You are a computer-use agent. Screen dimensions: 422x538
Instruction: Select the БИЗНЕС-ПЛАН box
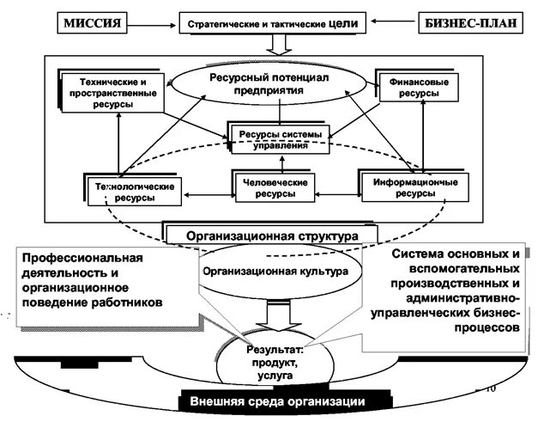(471, 21)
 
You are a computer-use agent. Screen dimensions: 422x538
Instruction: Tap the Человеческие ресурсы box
(275, 187)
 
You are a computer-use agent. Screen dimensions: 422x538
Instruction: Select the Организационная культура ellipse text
(275, 270)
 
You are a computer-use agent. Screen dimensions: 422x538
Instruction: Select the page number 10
(491, 388)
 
